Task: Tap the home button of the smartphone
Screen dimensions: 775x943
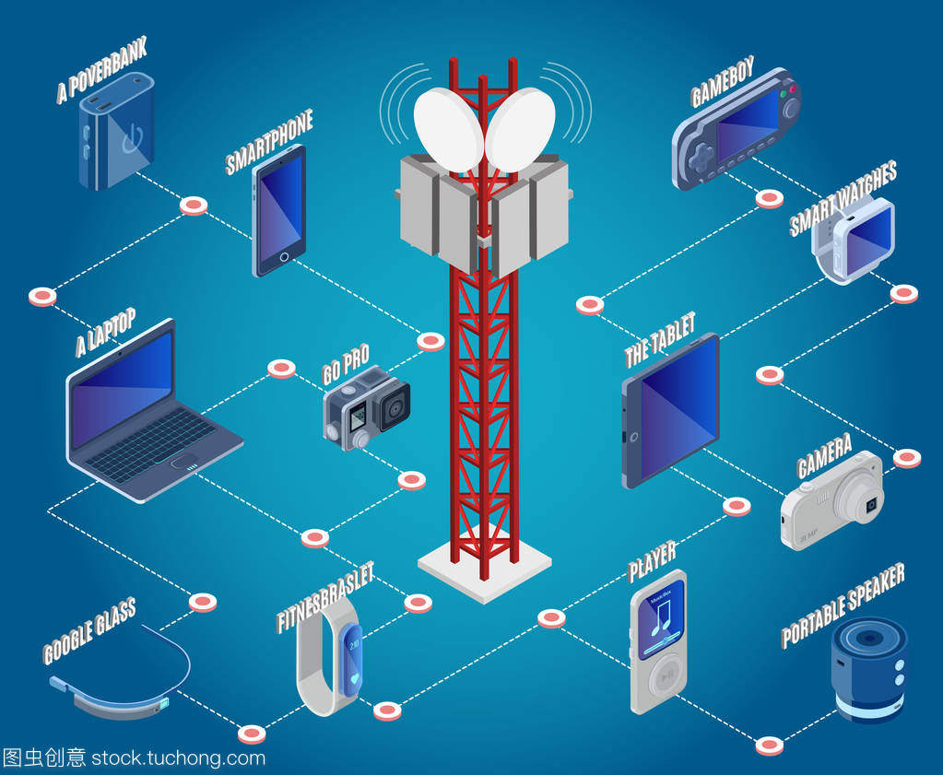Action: [285, 255]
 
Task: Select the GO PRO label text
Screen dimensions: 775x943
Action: [346, 363]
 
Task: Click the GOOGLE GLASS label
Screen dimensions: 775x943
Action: [89, 629]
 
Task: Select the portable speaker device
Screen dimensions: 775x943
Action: [868, 668]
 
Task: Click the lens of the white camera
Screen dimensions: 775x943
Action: [869, 506]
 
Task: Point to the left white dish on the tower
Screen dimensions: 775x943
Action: [448, 130]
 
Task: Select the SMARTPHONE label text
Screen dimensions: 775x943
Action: [269, 141]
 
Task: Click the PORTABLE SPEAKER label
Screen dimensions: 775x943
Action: [843, 605]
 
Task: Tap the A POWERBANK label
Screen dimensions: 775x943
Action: [101, 69]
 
